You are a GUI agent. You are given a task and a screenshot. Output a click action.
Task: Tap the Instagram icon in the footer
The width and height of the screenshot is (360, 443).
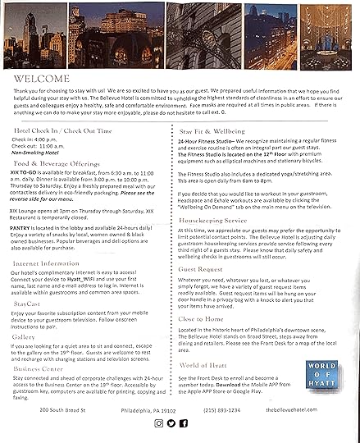tap(158, 422)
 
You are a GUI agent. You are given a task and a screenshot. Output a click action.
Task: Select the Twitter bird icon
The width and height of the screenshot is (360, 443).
tap(171, 422)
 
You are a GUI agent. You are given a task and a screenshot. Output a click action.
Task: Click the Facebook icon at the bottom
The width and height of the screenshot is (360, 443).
tap(184, 422)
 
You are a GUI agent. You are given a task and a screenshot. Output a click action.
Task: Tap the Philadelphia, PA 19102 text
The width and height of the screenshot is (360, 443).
tap(147, 408)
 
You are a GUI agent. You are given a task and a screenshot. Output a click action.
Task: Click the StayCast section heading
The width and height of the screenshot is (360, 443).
tap(27, 304)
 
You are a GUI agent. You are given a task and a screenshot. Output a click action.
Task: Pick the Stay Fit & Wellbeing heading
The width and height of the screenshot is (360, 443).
tap(214, 131)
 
